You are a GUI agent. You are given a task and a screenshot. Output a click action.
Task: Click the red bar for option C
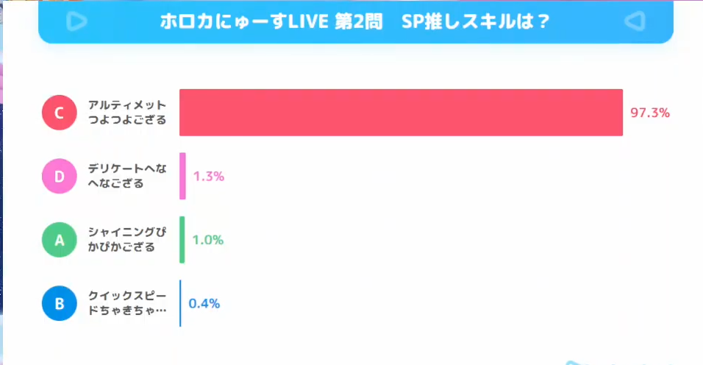[401, 113]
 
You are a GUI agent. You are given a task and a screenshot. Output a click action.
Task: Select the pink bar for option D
[182, 176]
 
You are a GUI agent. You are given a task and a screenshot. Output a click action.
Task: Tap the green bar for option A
[182, 240]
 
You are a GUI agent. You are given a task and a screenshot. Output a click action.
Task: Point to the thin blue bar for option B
[180, 303]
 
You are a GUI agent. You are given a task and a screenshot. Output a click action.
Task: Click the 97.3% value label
[650, 113]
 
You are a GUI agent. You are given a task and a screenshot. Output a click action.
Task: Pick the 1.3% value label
[208, 177]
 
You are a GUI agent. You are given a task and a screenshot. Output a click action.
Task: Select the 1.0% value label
[207, 240]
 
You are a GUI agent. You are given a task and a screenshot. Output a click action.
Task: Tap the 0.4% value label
[204, 303]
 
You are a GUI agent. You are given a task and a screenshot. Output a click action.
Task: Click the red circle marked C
[60, 113]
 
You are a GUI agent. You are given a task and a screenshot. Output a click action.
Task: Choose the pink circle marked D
[60, 177]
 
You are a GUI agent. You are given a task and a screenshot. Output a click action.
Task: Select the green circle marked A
[60, 240]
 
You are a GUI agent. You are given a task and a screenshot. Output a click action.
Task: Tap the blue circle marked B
[60, 303]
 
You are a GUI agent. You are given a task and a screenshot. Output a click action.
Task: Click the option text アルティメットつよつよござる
[127, 113]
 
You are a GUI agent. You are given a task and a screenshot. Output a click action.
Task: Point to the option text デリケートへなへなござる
[127, 177]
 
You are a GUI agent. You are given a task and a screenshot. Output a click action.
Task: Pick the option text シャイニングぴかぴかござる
[127, 240]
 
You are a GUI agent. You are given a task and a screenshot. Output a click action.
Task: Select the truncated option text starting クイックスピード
[127, 303]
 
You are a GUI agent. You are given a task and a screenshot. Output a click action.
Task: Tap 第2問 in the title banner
[359, 21]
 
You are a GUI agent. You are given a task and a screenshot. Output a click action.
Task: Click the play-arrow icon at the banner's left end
[76, 21]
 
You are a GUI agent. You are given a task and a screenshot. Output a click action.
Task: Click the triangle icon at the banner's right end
[635, 21]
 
